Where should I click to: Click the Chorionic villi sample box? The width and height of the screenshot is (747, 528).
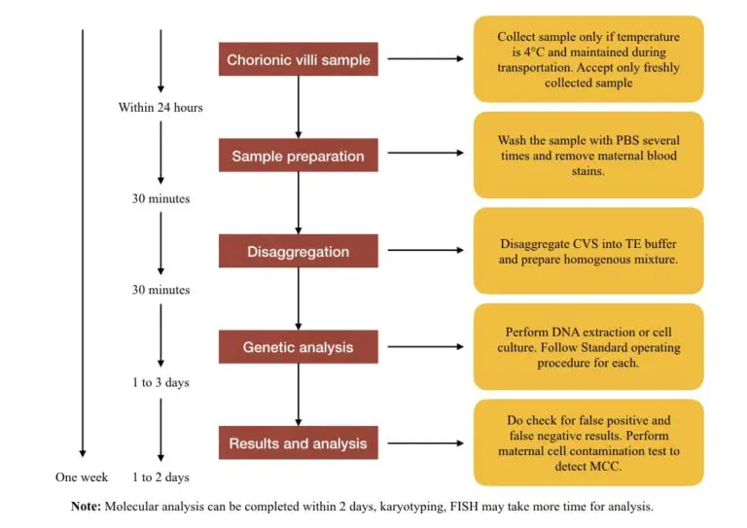[x=298, y=59]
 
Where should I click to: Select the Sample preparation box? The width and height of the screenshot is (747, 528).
[x=298, y=156]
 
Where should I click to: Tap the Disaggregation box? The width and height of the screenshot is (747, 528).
[x=298, y=252]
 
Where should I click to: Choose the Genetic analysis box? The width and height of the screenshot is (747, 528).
[x=298, y=347]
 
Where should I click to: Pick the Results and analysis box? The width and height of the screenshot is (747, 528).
[x=298, y=443]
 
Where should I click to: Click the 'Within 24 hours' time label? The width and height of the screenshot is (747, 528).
[x=160, y=107]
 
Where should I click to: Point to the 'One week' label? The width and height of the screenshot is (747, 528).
[x=82, y=477]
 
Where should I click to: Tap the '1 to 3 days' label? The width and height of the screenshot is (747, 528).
[x=160, y=382]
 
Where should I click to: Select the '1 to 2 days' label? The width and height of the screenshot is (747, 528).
[x=160, y=477]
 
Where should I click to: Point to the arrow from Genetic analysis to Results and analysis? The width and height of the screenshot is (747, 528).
[x=299, y=395]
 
